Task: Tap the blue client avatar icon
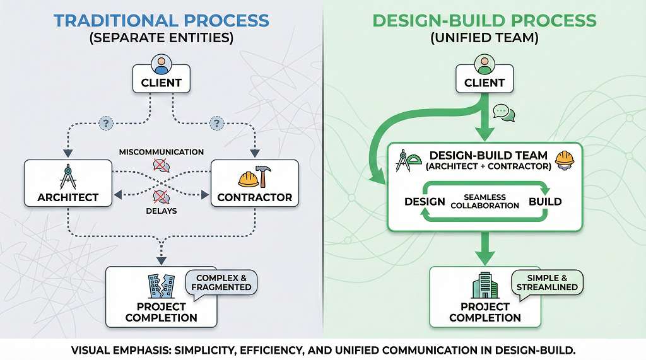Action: coord(161,64)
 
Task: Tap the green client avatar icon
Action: coord(484,64)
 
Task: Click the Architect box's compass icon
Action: coord(68,177)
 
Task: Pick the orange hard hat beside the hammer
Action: coord(248,178)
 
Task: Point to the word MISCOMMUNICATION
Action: coord(161,152)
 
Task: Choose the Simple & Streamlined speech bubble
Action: coord(547,282)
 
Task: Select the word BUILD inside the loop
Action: coord(545,202)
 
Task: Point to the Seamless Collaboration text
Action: coord(485,202)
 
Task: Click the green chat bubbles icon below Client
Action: coord(504,113)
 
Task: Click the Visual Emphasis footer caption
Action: coord(323,349)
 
